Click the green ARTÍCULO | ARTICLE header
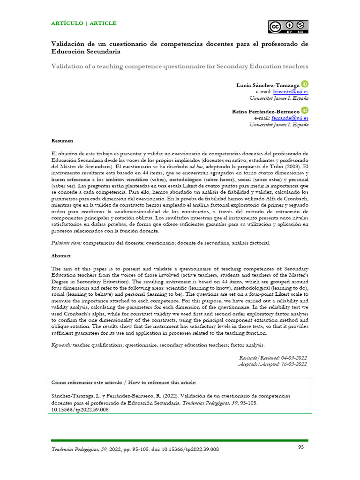click(x=84, y=23)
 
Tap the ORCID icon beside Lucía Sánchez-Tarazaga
click(x=305, y=84)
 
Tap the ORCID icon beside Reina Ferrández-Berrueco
click(x=305, y=111)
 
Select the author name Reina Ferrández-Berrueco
click(x=265, y=112)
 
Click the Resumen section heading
click(x=62, y=141)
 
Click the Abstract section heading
click(x=61, y=256)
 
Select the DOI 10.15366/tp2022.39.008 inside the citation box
click(x=80, y=409)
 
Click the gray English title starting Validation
click(x=180, y=66)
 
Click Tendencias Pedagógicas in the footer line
click(x=76, y=450)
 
